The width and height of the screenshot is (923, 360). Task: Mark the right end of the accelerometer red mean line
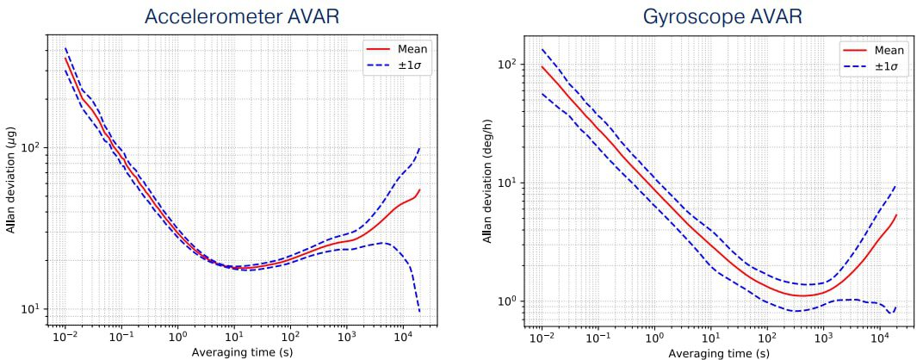[x=420, y=189]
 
